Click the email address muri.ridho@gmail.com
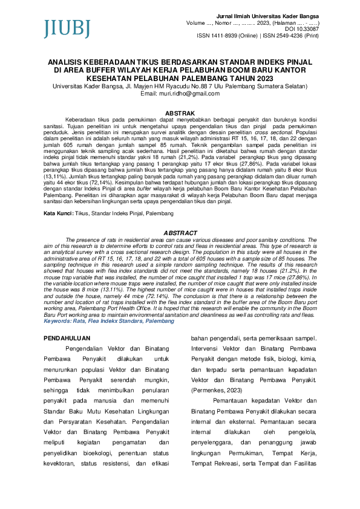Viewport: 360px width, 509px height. click(x=180, y=94)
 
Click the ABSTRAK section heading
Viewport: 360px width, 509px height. click(x=180, y=113)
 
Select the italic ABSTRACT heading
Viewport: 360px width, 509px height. click(x=180, y=233)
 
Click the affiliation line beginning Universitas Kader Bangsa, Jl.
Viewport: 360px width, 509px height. click(x=180, y=86)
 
